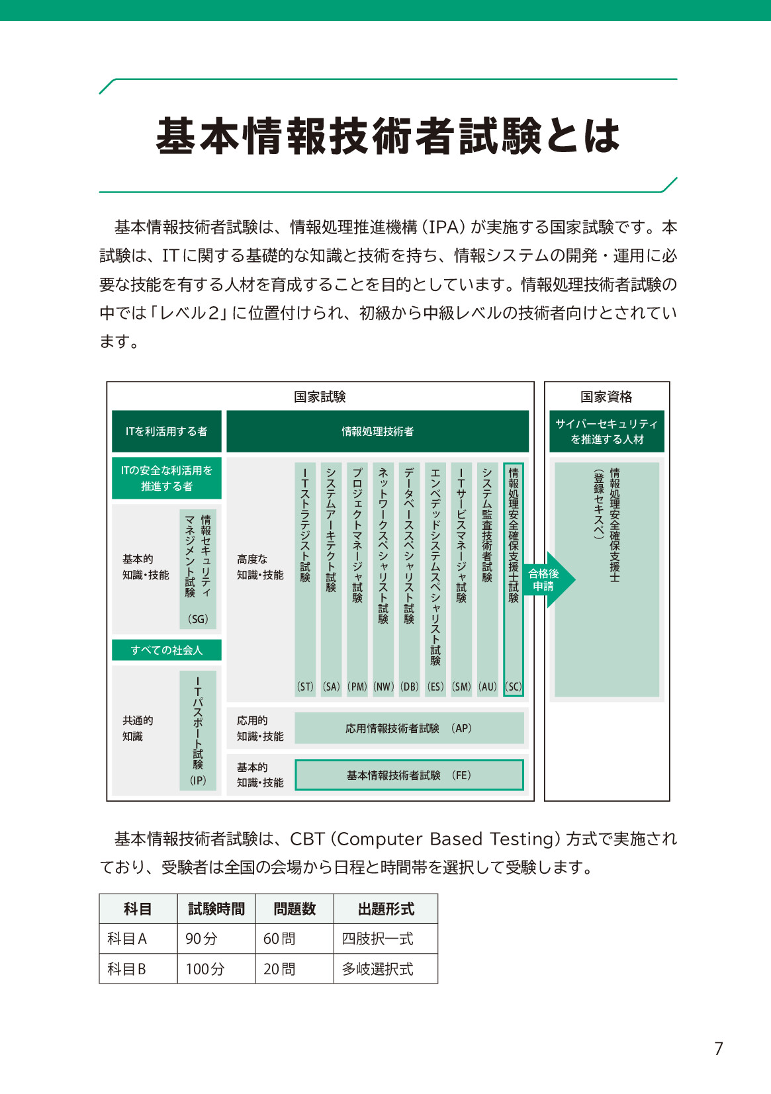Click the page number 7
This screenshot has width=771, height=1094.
719,1048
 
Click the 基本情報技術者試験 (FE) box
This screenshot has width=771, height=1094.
409,775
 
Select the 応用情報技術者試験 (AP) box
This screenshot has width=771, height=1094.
409,728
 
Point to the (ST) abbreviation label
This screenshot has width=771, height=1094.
305,687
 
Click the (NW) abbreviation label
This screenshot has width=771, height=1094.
383,687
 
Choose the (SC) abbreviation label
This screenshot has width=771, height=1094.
514,687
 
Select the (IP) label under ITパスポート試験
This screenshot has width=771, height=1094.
198,780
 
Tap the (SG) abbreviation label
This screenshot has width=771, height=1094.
198,619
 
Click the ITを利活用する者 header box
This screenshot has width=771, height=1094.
167,431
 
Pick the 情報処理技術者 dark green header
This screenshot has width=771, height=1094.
377,431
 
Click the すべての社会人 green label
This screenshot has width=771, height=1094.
167,650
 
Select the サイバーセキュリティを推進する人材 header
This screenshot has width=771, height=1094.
607,431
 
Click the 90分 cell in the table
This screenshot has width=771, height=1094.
202,939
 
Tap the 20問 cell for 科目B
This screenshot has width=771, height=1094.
279,969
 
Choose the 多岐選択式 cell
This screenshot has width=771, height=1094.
377,969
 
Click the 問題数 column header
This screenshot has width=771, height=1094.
295,909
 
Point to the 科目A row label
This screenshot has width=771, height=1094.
127,939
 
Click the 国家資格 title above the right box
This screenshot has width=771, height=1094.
606,397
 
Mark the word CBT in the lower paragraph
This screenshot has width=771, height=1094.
307,839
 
